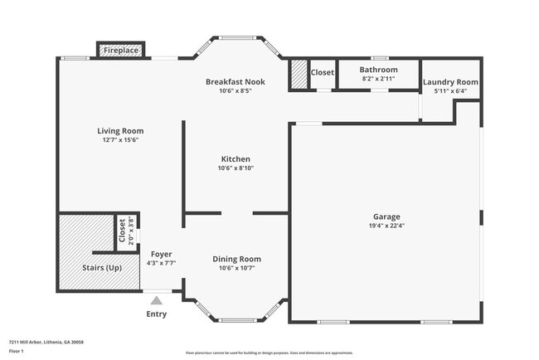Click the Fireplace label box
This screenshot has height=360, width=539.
click(121, 51)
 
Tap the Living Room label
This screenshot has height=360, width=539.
click(120, 131)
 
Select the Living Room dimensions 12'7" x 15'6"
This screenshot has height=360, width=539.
click(120, 140)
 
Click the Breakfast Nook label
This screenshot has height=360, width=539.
click(236, 81)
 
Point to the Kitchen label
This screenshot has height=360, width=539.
click(236, 159)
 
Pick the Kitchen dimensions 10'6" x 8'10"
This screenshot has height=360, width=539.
click(236, 168)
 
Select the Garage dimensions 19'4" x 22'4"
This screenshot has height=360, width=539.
click(386, 225)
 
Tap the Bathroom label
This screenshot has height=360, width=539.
click(379, 70)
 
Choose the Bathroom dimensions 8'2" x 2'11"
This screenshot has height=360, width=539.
click(379, 79)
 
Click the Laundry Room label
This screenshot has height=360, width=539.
click(450, 82)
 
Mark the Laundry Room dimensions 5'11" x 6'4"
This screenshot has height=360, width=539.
click(450, 91)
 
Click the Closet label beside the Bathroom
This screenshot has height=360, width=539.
click(322, 73)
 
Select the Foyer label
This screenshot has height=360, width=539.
click(161, 254)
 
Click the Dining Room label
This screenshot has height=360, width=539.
click(236, 259)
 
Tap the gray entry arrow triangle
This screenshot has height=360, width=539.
click(156, 300)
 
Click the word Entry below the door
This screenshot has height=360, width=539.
click(156, 314)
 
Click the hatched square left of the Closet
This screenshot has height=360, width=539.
click(299, 75)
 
